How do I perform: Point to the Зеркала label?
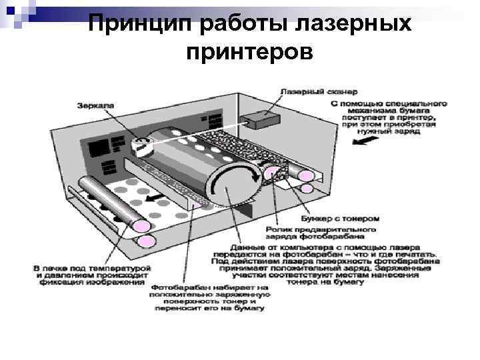click(95, 105)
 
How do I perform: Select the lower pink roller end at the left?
click(147, 241)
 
